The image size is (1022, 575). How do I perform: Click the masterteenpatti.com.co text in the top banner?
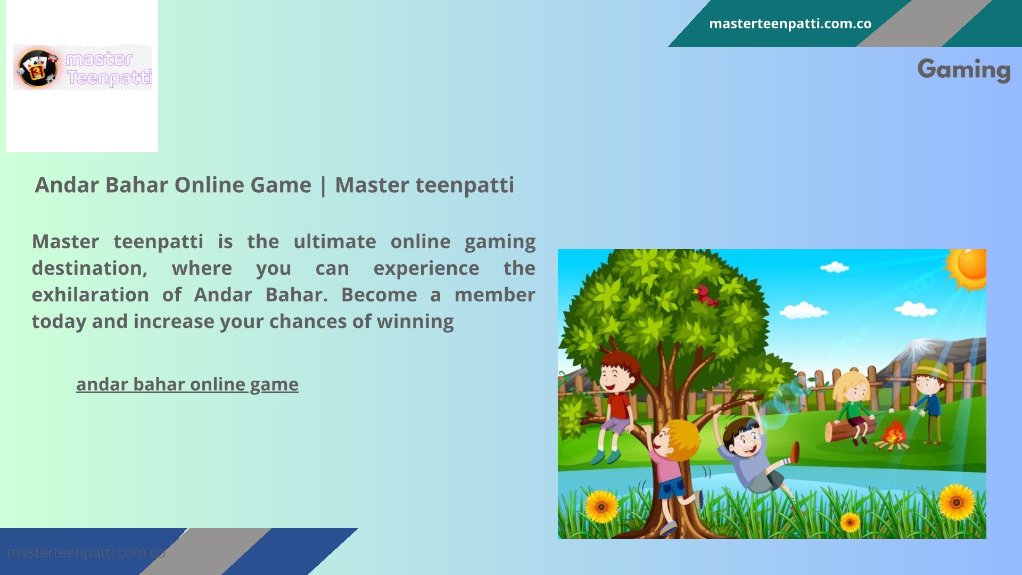(790, 24)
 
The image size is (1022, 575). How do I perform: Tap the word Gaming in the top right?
(964, 70)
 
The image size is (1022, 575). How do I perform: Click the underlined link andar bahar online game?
(187, 384)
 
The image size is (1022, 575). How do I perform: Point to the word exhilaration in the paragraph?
(90, 294)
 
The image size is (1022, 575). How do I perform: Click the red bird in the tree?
(705, 295)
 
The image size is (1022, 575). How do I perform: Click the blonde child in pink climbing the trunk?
(672, 474)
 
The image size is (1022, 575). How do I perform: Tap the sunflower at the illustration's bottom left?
(601, 506)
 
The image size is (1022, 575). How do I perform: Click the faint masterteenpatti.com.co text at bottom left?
(86, 553)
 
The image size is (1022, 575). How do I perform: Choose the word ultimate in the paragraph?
(335, 242)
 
